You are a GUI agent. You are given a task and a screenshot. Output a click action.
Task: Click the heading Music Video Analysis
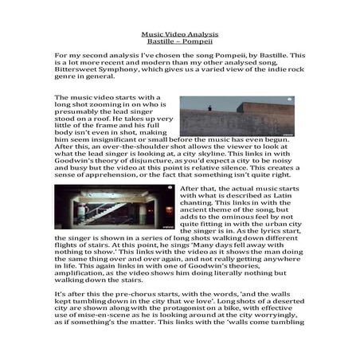179,35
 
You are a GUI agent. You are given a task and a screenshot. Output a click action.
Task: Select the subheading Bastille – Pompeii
179,42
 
